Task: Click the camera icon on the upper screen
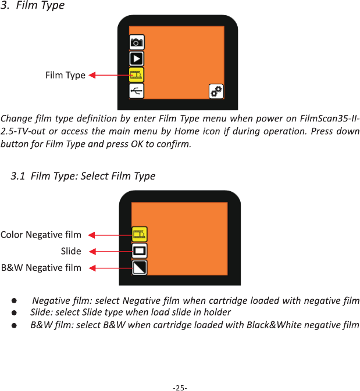coord(137,42)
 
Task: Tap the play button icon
coord(137,59)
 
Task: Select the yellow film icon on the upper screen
coord(137,75)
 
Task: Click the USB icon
coord(137,91)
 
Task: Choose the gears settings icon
coord(216,92)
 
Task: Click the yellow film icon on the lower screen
coord(140,234)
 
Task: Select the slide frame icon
coord(140,251)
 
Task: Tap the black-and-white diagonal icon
coord(140,268)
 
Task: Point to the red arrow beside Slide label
coord(111,252)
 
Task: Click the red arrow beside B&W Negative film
coord(111,268)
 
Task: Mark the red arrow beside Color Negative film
coord(111,235)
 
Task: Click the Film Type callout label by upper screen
coord(65,76)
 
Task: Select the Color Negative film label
coord(41,235)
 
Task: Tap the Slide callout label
coord(71,251)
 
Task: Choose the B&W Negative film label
coord(41,268)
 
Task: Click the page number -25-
coord(180,388)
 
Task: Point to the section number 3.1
coord(18,176)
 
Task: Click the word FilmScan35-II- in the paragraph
coord(330,118)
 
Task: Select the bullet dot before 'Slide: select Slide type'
coord(14,313)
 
